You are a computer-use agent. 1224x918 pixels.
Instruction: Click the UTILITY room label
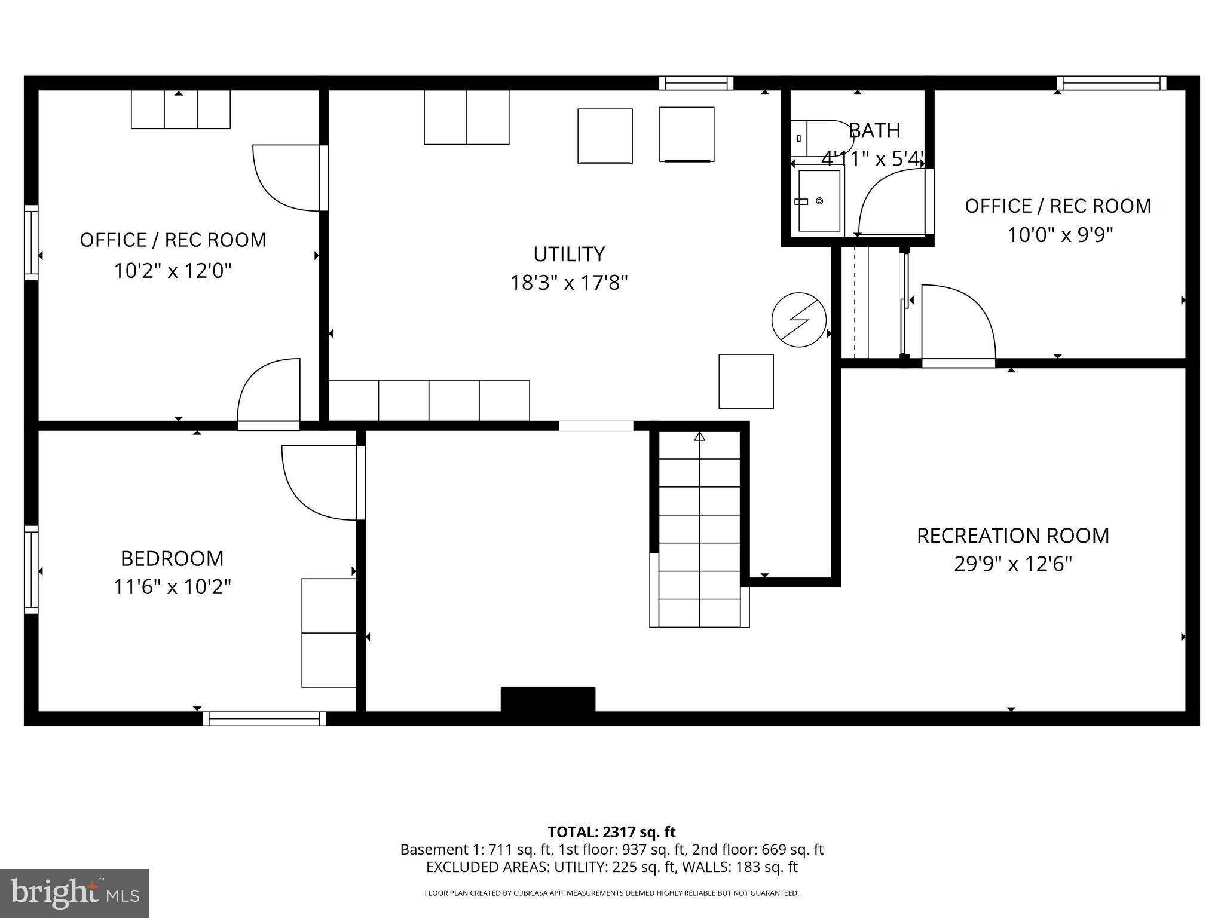(569, 254)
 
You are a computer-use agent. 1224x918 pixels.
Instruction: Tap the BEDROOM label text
(172, 558)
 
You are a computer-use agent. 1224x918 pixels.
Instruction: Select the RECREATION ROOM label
(1012, 535)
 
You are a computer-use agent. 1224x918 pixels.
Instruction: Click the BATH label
(874, 130)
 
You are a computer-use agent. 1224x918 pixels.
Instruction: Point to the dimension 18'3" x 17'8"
(569, 283)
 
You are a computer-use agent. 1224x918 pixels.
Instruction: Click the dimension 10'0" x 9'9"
(1060, 235)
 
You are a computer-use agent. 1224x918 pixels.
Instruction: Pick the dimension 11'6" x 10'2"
(172, 587)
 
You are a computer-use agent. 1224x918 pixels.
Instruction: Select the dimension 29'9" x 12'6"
(1012, 564)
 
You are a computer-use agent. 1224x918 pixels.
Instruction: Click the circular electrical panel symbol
(799, 320)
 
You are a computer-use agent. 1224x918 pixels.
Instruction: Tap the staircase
(699, 529)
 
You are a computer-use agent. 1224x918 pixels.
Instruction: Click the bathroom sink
(819, 201)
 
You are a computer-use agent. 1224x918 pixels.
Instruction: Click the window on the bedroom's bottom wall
(264, 718)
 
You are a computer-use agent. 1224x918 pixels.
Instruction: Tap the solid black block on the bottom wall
(547, 699)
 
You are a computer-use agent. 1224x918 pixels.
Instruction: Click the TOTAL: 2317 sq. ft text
(611, 832)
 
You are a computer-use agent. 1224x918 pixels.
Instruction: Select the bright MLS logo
(75, 893)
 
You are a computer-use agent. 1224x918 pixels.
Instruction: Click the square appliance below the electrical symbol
(746, 381)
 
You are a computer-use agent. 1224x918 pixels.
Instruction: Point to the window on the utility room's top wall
(696, 83)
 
